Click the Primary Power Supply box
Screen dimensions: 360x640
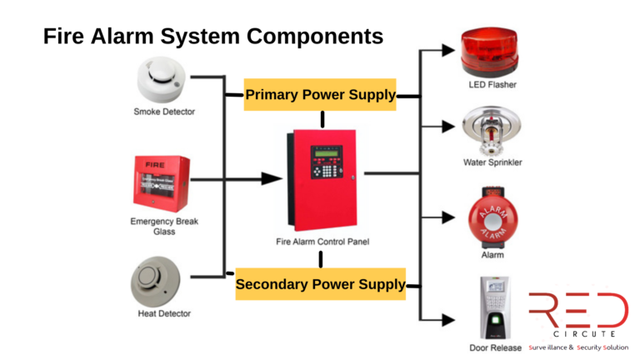[x=320, y=94]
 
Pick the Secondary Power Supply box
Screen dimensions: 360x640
[x=320, y=284]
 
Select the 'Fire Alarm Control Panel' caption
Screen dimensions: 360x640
[x=322, y=242]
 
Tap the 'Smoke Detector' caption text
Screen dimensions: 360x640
[x=164, y=112]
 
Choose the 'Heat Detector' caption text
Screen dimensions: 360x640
[x=164, y=314]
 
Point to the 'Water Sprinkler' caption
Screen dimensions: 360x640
[x=492, y=162]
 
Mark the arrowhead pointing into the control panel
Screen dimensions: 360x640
[x=270, y=178]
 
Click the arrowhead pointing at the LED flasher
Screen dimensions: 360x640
[x=449, y=50]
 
